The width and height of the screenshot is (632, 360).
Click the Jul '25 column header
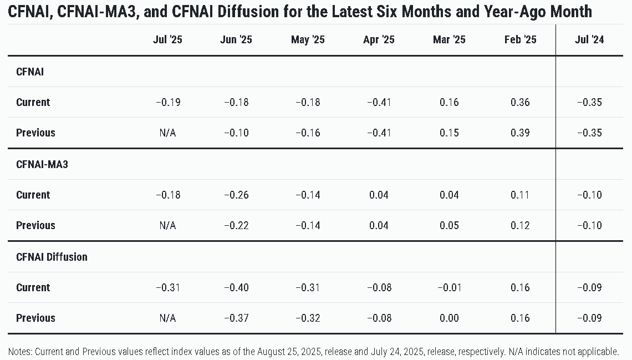167,39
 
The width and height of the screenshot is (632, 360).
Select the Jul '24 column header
589,39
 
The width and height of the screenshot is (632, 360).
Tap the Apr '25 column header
379,39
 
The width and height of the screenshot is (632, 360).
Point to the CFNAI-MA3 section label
42,165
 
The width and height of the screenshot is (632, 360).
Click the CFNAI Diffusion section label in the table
52,257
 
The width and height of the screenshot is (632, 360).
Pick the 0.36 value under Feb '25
520,103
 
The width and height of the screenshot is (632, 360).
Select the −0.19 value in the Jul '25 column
168,103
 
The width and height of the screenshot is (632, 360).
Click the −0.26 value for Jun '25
236,195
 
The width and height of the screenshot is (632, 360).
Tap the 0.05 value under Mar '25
449,225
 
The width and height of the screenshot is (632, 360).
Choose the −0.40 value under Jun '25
236,288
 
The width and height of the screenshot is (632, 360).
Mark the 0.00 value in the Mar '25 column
449,318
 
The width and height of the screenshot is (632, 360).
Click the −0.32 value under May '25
308,318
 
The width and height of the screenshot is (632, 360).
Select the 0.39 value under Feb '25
520,133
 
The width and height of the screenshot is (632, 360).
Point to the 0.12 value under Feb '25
520,225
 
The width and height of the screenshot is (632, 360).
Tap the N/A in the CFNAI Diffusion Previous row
167,318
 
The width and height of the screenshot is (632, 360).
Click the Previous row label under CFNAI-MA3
35,225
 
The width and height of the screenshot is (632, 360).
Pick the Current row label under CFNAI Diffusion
33,288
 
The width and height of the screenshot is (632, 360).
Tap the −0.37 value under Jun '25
236,318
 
